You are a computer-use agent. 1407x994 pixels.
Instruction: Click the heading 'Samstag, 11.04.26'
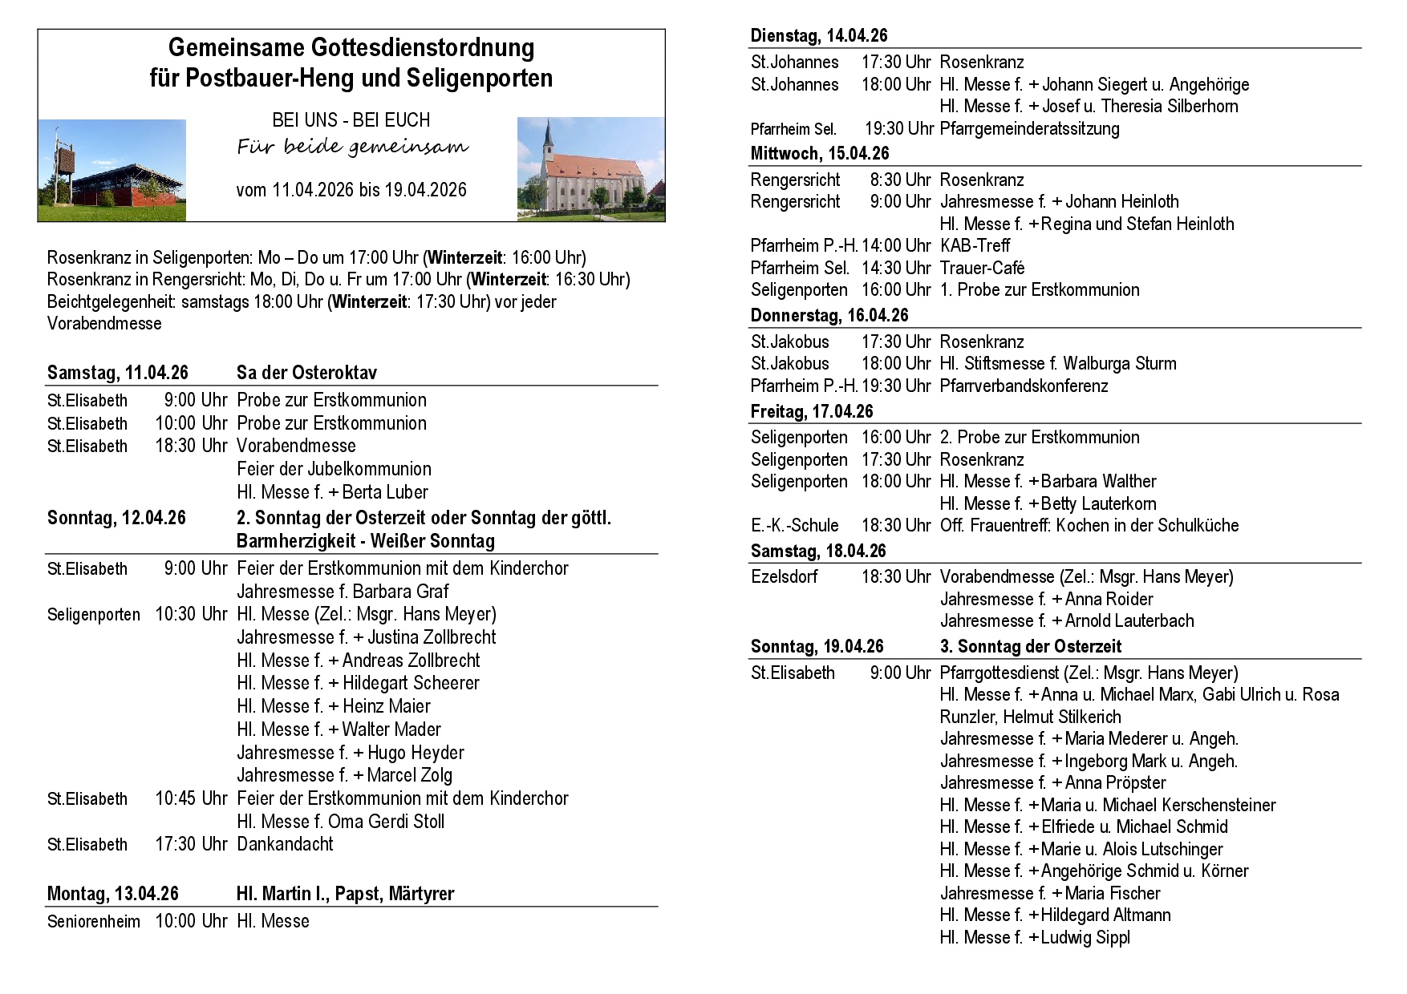point(117,373)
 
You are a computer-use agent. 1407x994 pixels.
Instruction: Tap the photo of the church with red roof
point(590,168)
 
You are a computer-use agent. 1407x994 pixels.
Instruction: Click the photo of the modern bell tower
point(112,170)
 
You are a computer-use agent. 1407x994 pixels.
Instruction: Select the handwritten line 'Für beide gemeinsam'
point(352,147)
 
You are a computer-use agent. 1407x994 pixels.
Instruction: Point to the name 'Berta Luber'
point(385,492)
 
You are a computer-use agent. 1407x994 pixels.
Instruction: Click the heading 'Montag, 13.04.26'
point(112,894)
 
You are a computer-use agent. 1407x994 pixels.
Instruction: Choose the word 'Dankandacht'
point(285,844)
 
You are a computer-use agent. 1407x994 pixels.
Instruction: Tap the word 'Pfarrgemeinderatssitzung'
point(1029,128)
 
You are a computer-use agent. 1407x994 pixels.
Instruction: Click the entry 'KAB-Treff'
point(975,245)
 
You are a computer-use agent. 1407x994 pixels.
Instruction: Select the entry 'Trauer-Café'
point(982,268)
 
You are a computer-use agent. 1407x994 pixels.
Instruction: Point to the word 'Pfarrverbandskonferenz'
point(1024,386)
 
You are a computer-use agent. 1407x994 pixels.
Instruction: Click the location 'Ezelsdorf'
point(784,576)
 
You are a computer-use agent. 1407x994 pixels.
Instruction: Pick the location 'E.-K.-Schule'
point(794,526)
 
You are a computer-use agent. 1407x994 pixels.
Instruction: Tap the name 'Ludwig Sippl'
point(1085,937)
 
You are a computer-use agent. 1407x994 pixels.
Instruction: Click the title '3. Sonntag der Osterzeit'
point(1031,646)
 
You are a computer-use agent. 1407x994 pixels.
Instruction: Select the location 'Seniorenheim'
point(93,922)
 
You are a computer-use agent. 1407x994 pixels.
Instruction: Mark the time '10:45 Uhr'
point(191,798)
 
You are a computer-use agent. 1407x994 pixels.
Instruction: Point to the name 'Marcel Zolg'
point(409,775)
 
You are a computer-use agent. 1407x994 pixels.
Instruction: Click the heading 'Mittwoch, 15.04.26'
point(819,153)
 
